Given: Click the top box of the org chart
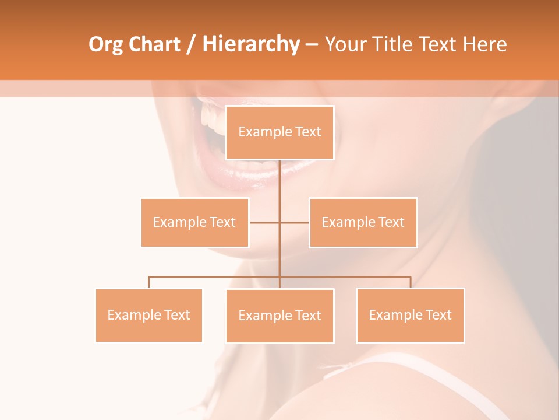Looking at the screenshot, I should click(x=279, y=132).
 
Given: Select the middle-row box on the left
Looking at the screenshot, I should click(x=194, y=222).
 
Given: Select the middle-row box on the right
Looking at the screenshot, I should click(x=363, y=222).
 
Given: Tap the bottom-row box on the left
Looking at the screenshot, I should click(x=148, y=315).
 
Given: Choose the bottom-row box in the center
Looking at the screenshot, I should click(x=279, y=316).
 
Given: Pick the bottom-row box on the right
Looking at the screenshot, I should click(x=410, y=315).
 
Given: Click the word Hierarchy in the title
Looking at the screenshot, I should click(x=251, y=44).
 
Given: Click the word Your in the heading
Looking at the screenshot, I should click(x=345, y=44).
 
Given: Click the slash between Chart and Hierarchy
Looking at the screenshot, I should click(x=191, y=45).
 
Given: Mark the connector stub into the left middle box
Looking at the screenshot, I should click(x=264, y=222).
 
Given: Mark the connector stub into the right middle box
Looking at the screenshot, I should click(x=295, y=222).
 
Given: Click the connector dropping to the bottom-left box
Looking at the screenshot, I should click(x=149, y=282).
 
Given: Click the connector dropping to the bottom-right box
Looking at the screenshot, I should click(x=411, y=282).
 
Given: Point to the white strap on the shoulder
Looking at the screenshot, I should click(x=373, y=362).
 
